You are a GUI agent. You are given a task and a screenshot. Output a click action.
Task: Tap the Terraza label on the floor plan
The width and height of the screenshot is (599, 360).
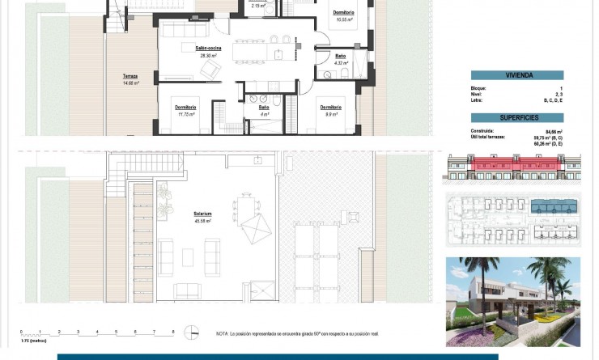click(x=130, y=78)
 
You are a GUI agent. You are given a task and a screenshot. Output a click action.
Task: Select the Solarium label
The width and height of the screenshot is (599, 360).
click(x=202, y=216)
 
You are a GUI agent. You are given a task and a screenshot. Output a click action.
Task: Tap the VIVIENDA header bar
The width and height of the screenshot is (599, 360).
click(x=518, y=75)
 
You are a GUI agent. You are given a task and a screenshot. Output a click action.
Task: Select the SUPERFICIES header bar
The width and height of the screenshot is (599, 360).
click(x=518, y=118)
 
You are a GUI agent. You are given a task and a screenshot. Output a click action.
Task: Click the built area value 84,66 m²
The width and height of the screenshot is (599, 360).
click(x=554, y=130)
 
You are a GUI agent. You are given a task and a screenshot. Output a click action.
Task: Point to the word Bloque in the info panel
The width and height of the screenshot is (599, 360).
click(x=478, y=87)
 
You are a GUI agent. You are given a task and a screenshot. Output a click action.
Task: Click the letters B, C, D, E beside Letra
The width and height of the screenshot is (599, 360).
click(x=550, y=101)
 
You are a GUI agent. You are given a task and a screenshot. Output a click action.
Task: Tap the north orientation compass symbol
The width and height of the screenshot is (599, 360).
click(x=191, y=332)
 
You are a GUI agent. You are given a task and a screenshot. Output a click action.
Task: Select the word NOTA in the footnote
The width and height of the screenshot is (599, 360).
click(x=223, y=333)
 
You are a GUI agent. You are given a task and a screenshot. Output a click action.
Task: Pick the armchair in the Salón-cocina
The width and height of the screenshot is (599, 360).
click(x=210, y=71)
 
